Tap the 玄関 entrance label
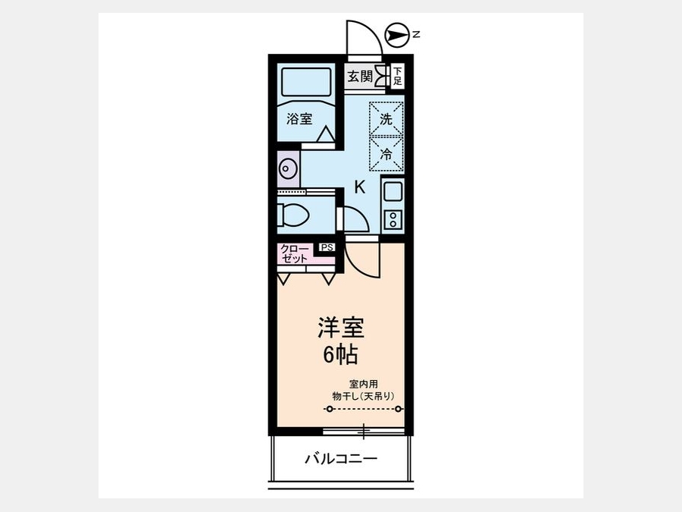coord(360,77)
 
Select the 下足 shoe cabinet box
coord(398,76)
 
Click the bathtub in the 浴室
coord(306,82)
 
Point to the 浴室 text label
coord(299,118)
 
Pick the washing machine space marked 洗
coord(386,119)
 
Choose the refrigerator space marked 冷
coord(386,154)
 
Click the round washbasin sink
coord(287,168)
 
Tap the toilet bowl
coord(293,215)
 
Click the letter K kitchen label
coord(360,187)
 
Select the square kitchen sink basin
coord(393,191)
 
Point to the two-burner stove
coord(393,219)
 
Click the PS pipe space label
coord(327,247)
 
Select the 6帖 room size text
coord(340,355)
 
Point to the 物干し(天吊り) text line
coord(363,396)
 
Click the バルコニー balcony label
coord(340,458)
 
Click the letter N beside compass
coord(416,34)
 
